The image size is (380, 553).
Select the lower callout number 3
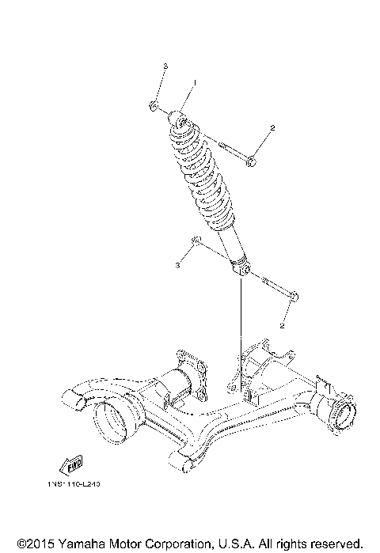click(x=177, y=266)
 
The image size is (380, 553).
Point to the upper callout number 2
click(x=272, y=127)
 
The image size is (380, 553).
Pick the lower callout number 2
click(x=282, y=324)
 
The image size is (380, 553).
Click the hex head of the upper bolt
click(x=252, y=162)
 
